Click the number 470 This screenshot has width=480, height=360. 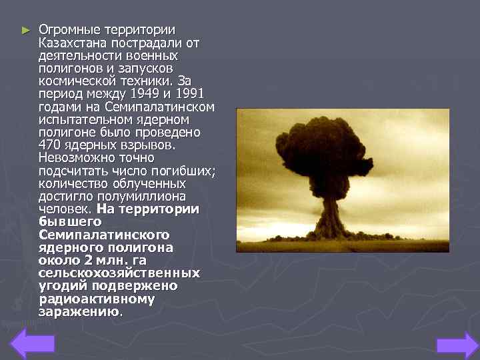pos(50,145)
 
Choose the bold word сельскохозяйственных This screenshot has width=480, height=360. pos(119,273)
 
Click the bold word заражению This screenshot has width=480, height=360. pos(79,311)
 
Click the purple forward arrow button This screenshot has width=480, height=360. pos(457,345)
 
